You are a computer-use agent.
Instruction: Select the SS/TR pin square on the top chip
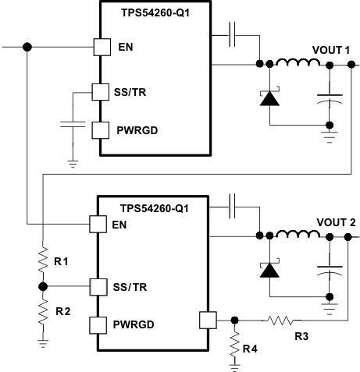[100, 93]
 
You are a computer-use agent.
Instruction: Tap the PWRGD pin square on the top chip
[100, 129]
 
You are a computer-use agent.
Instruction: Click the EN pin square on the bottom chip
[98, 224]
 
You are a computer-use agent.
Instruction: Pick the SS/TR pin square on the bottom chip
[98, 286]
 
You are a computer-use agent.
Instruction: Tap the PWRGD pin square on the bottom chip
[98, 324]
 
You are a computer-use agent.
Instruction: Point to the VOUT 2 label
[335, 222]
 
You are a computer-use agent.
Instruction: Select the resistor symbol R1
[41, 261]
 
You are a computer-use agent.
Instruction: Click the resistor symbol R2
[41, 310]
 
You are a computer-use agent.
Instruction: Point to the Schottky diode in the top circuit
[269, 97]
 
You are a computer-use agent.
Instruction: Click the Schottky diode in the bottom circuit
[269, 269]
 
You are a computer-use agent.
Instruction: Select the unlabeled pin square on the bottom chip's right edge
[206, 319]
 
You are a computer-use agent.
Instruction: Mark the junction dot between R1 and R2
[41, 286]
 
